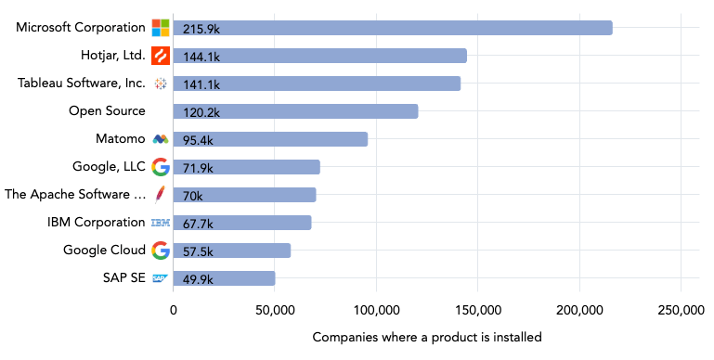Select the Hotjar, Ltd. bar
pyautogui.click(x=319, y=56)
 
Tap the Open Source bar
pyautogui.click(x=295, y=111)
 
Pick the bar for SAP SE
pyautogui.click(x=224, y=278)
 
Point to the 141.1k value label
pyautogui.click(x=201, y=84)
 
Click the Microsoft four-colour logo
pyautogui.click(x=161, y=28)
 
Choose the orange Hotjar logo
pyautogui.click(x=161, y=56)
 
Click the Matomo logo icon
pyautogui.click(x=161, y=139)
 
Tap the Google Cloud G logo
pyautogui.click(x=161, y=251)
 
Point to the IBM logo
pyautogui.click(x=161, y=223)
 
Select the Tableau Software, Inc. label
pyautogui.click(x=82, y=84)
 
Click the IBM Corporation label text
pyautogui.click(x=97, y=223)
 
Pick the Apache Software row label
pyautogui.click(x=75, y=195)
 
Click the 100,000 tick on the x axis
pyautogui.click(x=377, y=311)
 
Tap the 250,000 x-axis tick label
pyautogui.click(x=681, y=311)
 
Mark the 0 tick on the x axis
pyautogui.click(x=174, y=311)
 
